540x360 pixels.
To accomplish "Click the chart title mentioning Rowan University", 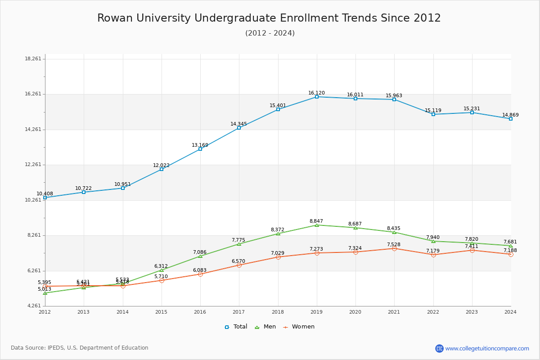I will click(x=269, y=18).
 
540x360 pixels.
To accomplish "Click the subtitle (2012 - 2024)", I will click(x=270, y=33).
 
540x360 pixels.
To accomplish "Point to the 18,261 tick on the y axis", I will click(x=33, y=59).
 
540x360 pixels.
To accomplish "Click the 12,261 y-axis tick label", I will click(x=33, y=165).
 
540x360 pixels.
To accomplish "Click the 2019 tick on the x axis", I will click(x=316, y=311).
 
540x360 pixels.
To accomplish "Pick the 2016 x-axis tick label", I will click(x=200, y=311).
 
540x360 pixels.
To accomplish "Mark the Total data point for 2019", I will click(x=317, y=97).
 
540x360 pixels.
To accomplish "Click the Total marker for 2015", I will click(x=162, y=169).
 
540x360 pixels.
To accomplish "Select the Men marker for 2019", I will click(x=317, y=225).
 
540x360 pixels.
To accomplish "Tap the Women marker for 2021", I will click(x=394, y=248).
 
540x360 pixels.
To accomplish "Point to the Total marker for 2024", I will click(x=511, y=119).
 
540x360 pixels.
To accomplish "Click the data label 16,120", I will click(x=316, y=93).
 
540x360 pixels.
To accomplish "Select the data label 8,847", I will click(x=316, y=221).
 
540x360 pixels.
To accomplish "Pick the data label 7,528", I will click(x=394, y=244).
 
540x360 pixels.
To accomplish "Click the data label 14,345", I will click(x=238, y=124).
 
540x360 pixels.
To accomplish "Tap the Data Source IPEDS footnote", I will click(x=80, y=348).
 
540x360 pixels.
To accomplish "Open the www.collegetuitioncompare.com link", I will click(x=487, y=348).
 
